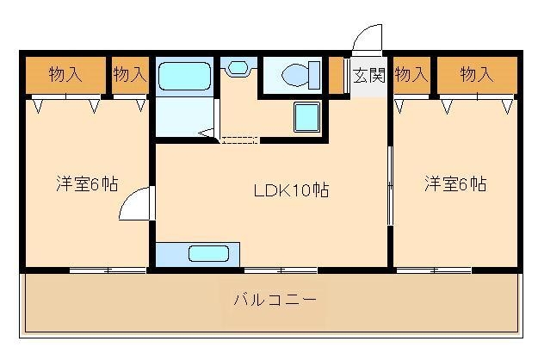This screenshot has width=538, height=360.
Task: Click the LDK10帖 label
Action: click(279, 189)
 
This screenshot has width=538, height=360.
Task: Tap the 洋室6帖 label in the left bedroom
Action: click(87, 183)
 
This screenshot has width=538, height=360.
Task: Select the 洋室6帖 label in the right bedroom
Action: click(455, 183)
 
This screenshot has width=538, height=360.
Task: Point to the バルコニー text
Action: click(275, 301)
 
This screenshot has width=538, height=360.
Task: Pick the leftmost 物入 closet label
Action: click(65, 74)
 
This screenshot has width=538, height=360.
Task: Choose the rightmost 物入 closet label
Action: click(476, 74)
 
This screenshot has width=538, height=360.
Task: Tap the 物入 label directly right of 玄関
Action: click(411, 74)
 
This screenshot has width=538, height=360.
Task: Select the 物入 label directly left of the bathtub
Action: click(130, 74)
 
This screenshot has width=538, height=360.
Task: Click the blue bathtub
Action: click(185, 77)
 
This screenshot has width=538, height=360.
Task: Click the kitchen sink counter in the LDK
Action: click(208, 254)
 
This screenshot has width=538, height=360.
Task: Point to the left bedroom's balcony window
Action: click(108, 270)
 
